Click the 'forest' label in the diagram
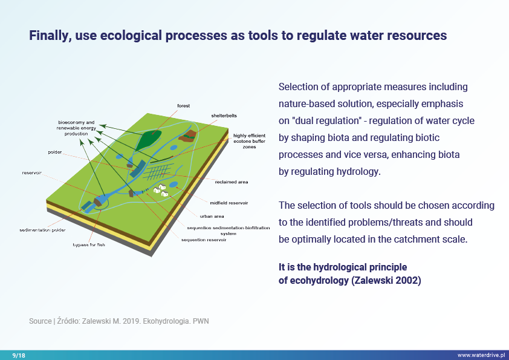pos(183,106)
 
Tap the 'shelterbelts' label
pos(224,116)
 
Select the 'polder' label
pos(55,152)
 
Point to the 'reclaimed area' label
pos(232,182)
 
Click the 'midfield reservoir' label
pos(229,203)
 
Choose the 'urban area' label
pos(212,216)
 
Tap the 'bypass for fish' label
pos(89,244)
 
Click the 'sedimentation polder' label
pos(42,230)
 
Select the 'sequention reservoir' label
pos(204,240)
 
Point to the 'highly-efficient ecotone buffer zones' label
pos(249,141)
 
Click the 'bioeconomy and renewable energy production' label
pos(76,128)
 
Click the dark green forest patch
pos(148,140)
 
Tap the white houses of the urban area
pos(160,190)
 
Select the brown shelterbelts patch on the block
pos(187,136)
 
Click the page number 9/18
pos(19,355)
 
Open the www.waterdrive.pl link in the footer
pos(481,355)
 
